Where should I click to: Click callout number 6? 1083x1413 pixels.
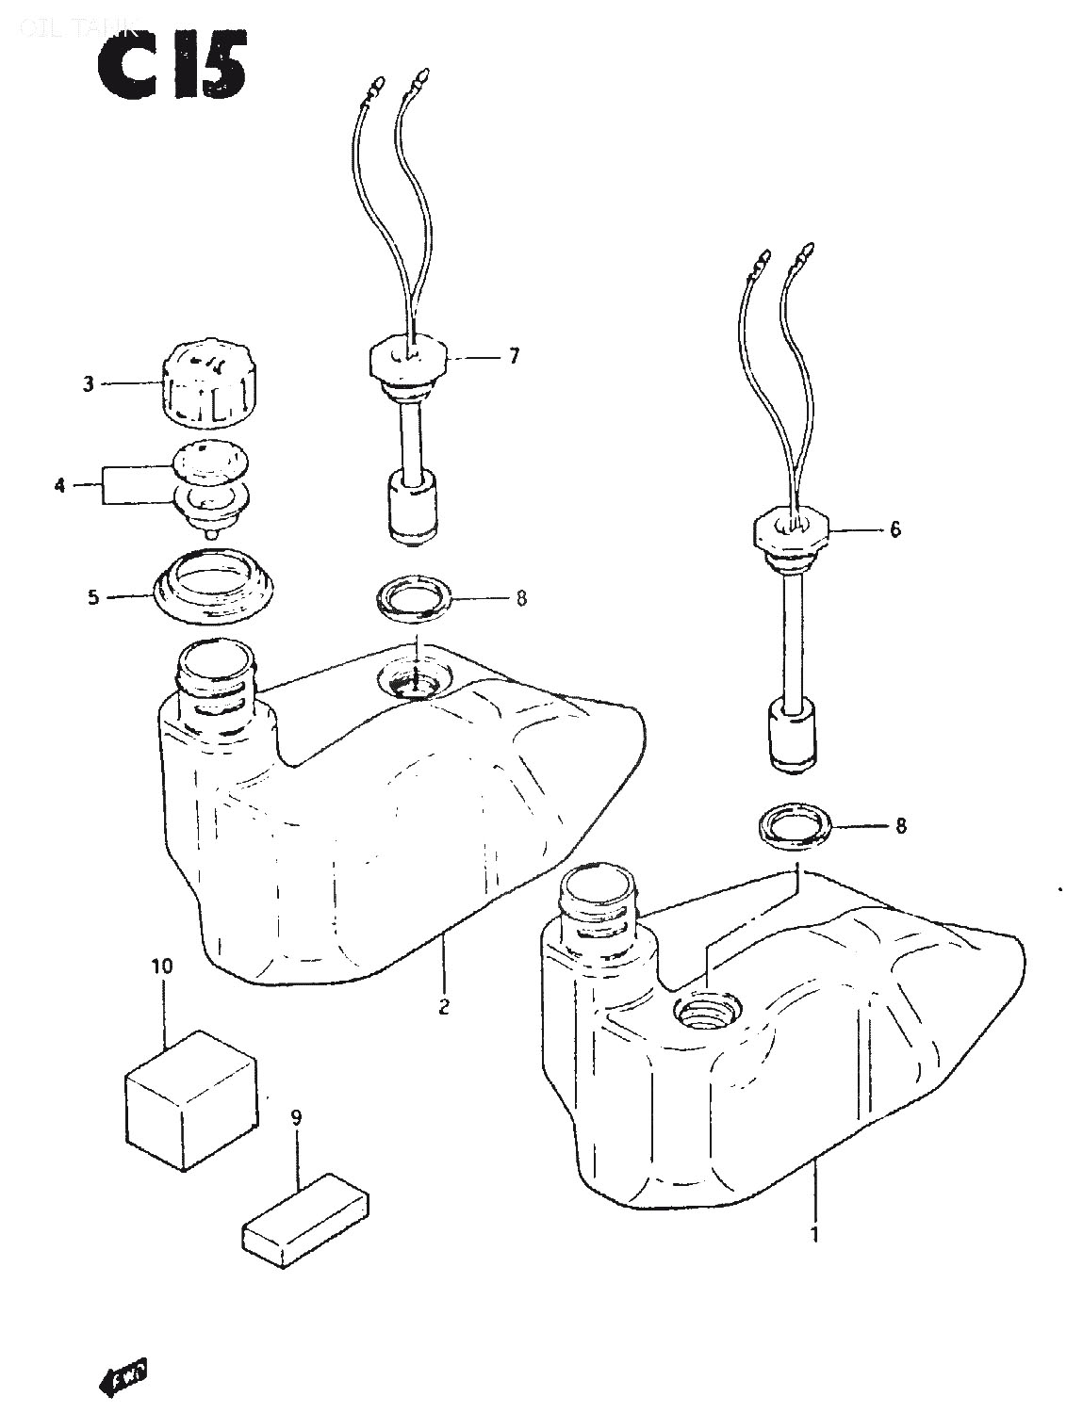[x=894, y=529]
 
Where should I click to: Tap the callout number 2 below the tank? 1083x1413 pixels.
[x=443, y=1006]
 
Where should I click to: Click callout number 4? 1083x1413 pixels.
[x=59, y=486]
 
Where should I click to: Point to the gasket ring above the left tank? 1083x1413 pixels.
[x=413, y=599]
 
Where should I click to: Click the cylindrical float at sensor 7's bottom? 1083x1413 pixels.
[x=412, y=510]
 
